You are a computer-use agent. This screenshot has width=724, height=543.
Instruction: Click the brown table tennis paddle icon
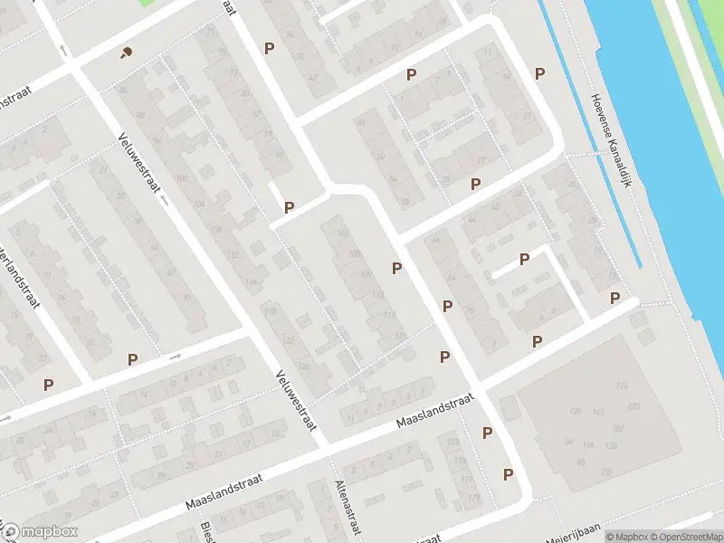125,52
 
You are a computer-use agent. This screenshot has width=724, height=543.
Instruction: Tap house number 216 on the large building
621,386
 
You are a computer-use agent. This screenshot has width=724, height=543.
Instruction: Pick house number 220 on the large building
633,405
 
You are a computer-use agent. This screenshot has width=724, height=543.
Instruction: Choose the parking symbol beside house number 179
508,473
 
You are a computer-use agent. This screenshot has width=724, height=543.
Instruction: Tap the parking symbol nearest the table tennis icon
268,48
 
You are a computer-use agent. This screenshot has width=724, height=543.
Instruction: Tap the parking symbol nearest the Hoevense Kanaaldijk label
540,73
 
